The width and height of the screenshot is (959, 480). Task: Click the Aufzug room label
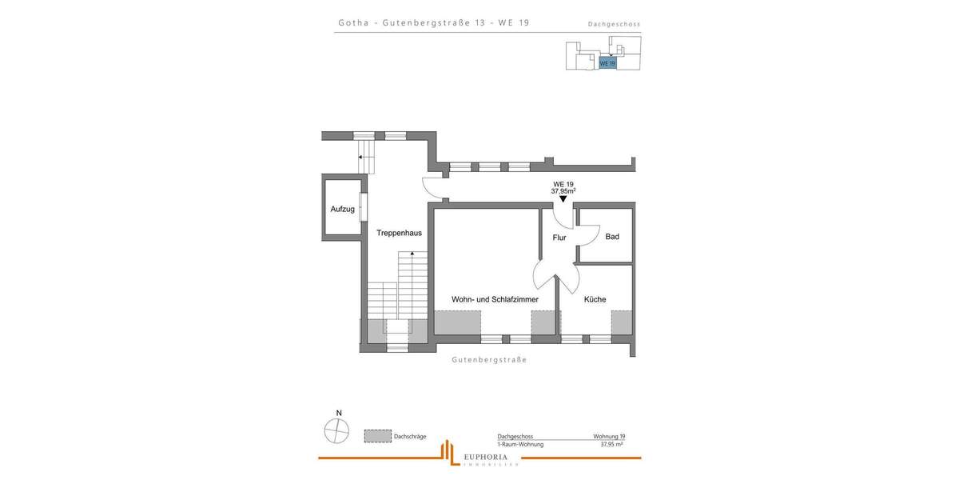click(342, 210)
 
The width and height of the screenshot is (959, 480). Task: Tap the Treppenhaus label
click(399, 234)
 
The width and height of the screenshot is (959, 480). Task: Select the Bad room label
click(612, 237)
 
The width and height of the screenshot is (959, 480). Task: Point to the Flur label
click(559, 238)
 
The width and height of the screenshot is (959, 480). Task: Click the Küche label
click(595, 299)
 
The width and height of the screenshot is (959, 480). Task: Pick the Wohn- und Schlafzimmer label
click(495, 299)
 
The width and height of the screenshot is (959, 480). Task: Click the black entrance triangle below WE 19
click(563, 200)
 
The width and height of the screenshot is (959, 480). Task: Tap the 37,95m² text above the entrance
click(563, 192)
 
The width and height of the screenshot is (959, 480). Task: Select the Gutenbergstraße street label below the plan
click(484, 360)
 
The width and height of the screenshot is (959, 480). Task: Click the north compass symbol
click(337, 430)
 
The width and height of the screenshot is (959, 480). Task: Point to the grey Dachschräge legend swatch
click(376, 436)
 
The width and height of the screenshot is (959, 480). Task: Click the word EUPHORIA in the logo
click(485, 457)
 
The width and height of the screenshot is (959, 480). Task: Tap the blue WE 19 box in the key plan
click(607, 62)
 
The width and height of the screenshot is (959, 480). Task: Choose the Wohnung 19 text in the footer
click(608, 437)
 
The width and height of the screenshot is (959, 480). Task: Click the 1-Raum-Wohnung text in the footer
click(519, 444)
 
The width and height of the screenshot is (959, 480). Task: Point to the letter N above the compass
click(339, 413)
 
